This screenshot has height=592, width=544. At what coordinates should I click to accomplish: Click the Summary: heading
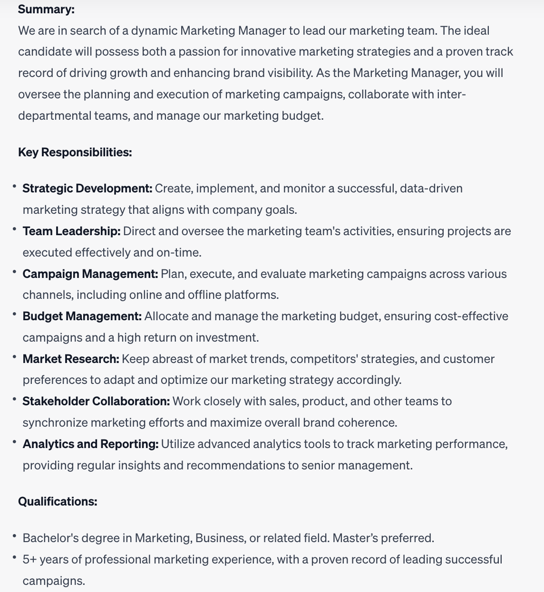[x=46, y=9]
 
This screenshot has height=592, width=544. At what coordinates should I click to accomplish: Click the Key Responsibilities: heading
[x=75, y=152]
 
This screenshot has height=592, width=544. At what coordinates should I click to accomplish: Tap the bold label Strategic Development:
[x=87, y=188]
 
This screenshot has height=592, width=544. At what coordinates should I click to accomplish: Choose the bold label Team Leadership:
[x=71, y=231]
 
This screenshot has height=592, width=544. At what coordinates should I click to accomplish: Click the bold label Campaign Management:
[x=90, y=274]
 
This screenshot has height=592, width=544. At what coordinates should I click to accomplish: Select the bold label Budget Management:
[x=82, y=316]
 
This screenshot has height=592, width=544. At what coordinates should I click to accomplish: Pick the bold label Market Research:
[x=71, y=359]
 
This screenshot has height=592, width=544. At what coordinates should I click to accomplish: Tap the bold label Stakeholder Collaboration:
[x=96, y=401]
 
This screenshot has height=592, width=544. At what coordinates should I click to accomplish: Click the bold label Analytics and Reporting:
[x=90, y=444]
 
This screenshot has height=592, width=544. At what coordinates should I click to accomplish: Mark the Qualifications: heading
[x=58, y=501]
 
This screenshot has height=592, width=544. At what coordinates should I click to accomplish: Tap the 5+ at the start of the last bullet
[x=29, y=559]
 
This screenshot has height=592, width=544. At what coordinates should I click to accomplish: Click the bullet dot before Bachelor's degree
[x=15, y=535]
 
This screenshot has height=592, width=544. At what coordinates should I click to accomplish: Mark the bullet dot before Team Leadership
[x=15, y=229]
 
